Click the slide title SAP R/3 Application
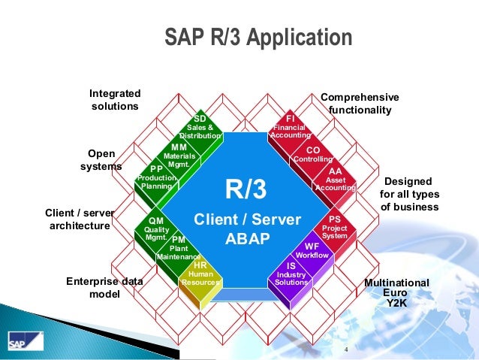[258, 38]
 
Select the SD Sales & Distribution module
[200, 128]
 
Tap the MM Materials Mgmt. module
[179, 156]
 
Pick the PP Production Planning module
[157, 177]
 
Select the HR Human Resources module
[200, 274]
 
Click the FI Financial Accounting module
[291, 128]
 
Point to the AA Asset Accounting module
[335, 179]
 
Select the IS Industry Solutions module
[291, 274]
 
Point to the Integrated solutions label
[115, 100]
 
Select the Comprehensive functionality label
[360, 104]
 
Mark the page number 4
[346, 350]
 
